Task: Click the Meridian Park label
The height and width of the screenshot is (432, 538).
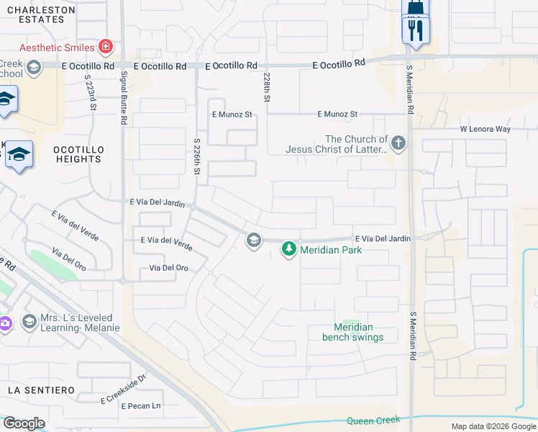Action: (331, 250)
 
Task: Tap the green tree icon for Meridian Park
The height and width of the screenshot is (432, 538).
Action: (288, 249)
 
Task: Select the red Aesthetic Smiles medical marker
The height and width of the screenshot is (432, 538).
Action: (106, 48)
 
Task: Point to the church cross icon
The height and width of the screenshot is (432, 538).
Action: (398, 143)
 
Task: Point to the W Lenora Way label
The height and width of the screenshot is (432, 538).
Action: (485, 130)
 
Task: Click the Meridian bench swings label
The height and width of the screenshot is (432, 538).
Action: (353, 332)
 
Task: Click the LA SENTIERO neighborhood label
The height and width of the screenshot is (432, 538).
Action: (41, 390)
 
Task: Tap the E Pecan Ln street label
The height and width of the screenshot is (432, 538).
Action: (141, 407)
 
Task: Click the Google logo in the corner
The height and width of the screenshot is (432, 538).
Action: (24, 423)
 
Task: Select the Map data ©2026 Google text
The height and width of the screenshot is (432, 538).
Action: (493, 426)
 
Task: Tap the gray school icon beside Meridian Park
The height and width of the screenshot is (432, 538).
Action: (253, 240)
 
